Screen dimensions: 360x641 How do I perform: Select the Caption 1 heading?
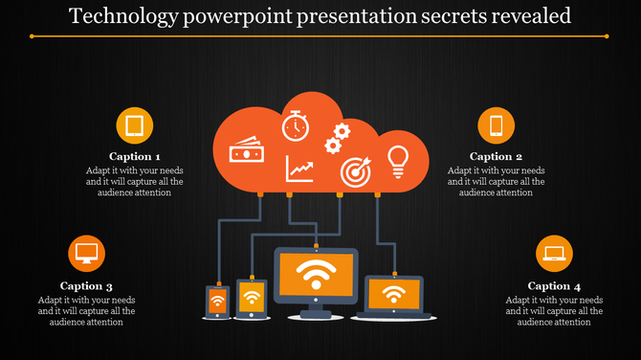point(134,156)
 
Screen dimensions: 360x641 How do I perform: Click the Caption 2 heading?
point(496,156)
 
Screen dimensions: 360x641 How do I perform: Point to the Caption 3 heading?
point(86,285)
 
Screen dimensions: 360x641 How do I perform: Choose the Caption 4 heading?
point(554,285)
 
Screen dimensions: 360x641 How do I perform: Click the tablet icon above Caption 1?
point(135,125)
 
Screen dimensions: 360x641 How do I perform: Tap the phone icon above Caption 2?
point(496,125)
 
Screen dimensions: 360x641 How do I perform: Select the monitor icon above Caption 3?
point(87,254)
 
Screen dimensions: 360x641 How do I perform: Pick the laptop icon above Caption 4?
point(554,254)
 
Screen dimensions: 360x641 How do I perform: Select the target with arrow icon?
point(355,172)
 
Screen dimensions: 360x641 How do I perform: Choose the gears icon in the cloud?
point(335,139)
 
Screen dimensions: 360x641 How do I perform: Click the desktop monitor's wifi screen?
point(316,276)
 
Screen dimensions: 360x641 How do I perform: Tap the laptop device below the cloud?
point(391,295)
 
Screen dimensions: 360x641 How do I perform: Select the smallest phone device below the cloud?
point(217,303)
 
